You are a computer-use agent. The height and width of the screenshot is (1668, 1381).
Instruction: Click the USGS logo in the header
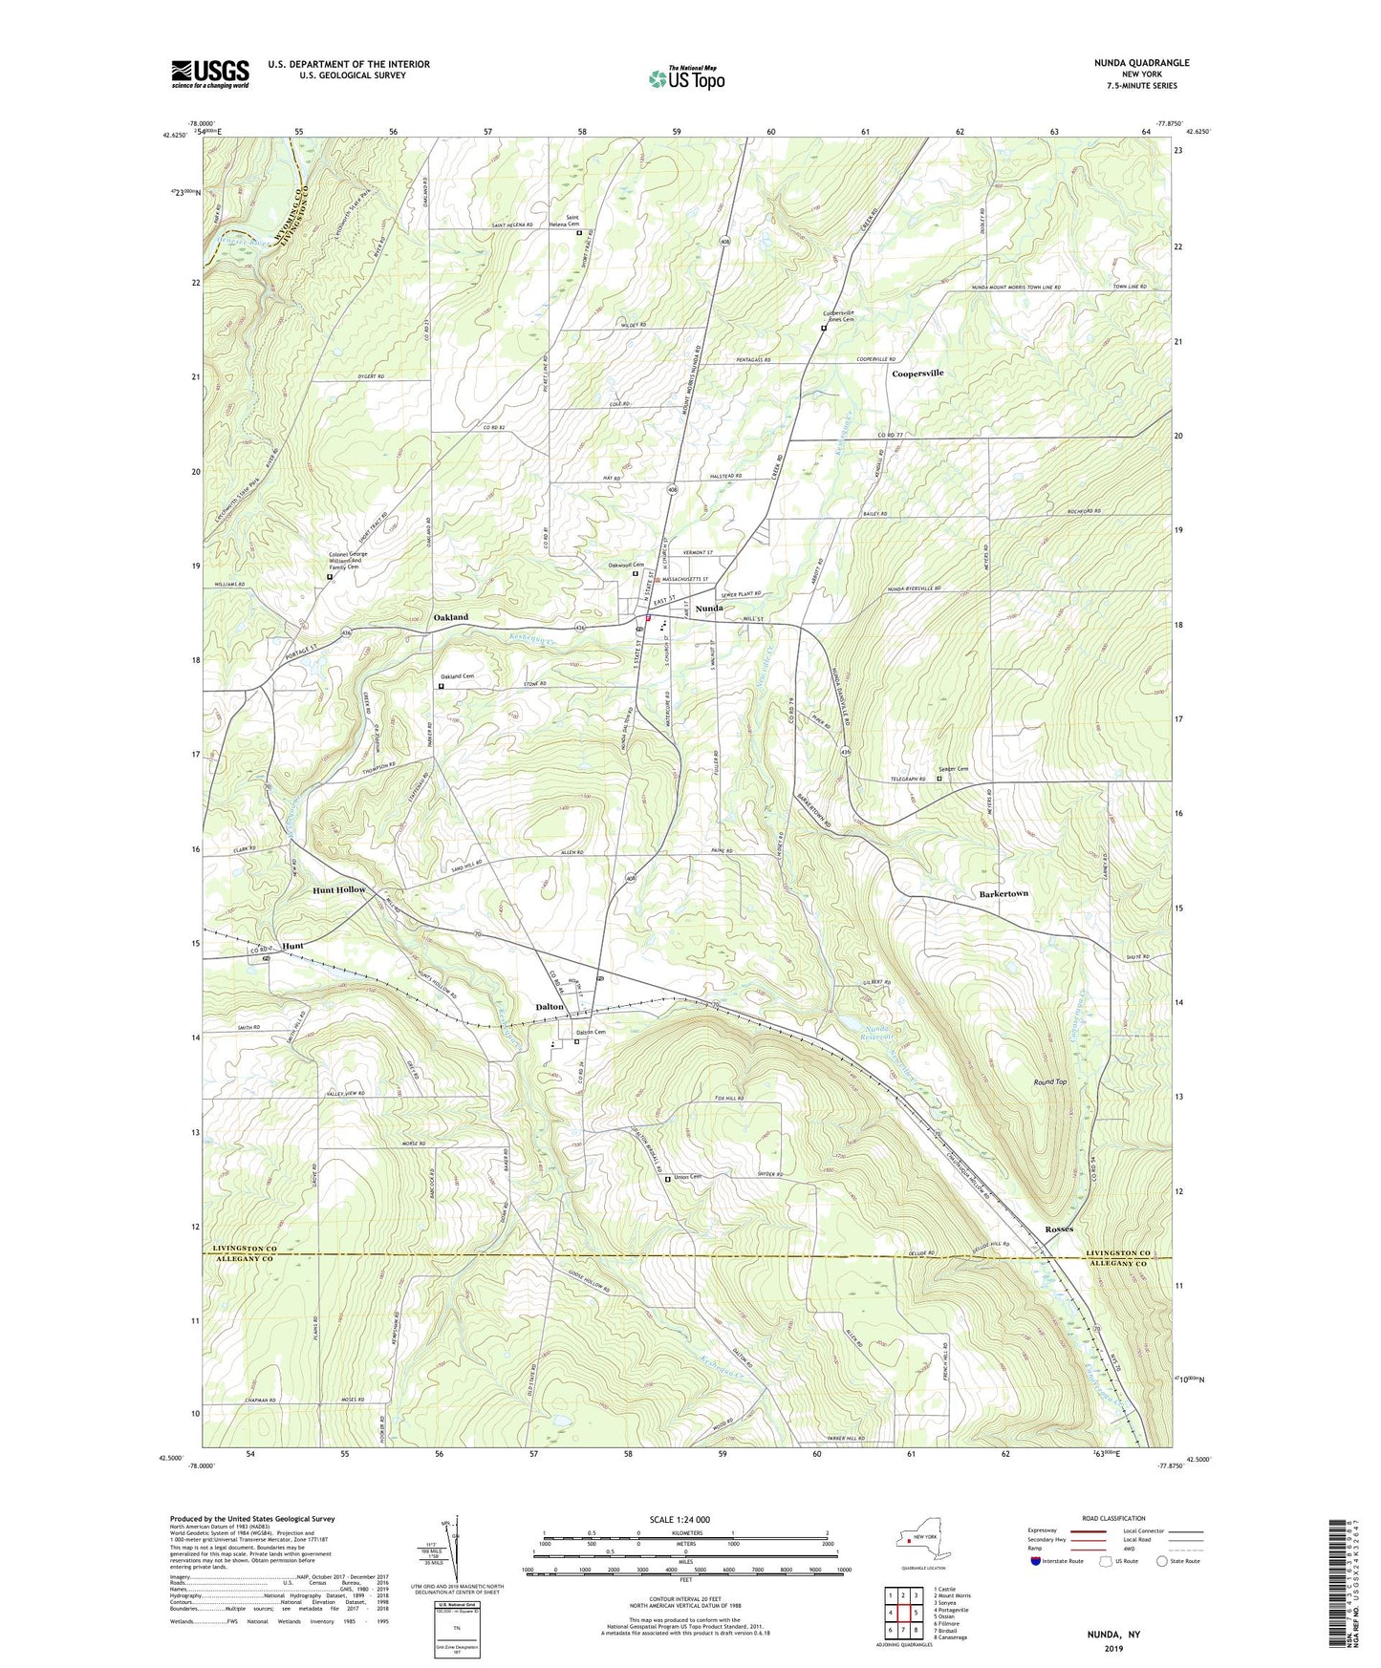[209, 74]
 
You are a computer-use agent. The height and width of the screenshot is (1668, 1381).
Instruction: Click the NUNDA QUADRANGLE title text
[1141, 63]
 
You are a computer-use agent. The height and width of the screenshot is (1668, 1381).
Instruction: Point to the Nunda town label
[709, 609]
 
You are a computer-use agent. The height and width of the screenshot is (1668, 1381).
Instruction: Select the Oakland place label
[451, 617]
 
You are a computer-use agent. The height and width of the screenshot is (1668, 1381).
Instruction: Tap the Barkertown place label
[1003, 893]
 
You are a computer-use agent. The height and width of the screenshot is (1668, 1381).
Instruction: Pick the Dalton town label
[550, 1007]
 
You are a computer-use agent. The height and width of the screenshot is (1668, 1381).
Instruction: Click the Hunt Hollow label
[339, 889]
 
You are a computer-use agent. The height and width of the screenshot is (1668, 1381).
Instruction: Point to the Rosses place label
[1058, 1229]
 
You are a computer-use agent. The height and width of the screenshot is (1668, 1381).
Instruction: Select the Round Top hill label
[1049, 1081]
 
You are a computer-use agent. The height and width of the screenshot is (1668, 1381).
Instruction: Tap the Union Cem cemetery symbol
[668, 1179]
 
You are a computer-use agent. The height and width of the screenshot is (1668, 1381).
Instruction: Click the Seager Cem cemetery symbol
[939, 779]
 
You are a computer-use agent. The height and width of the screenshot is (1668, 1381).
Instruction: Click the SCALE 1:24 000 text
[680, 1520]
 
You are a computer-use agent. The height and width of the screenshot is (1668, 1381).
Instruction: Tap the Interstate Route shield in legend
[1037, 1561]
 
